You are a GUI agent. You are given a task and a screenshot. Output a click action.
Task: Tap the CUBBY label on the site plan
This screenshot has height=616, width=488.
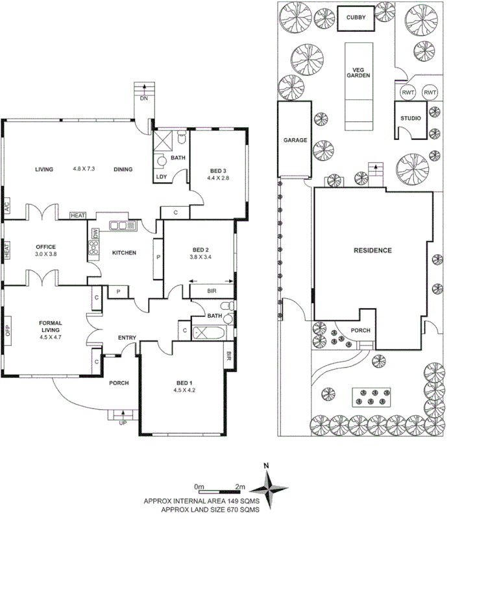[x=356, y=18]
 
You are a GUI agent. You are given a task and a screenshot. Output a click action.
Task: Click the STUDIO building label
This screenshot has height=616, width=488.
[x=410, y=119]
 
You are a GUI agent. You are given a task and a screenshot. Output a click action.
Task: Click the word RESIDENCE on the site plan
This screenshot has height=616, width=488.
[x=372, y=250]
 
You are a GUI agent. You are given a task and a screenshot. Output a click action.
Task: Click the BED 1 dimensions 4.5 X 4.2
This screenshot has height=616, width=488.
[x=184, y=390]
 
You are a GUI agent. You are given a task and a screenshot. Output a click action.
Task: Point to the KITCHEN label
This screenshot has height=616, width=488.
[x=124, y=252]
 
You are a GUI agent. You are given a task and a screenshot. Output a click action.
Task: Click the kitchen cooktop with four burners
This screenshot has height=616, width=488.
[x=93, y=247]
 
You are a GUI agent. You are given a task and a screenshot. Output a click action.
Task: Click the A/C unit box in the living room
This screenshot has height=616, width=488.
[x=6, y=208]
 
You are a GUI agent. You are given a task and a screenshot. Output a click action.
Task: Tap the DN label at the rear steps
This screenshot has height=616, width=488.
[x=143, y=99]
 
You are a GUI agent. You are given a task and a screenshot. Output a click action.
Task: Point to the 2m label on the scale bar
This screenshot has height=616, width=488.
[x=240, y=486]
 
